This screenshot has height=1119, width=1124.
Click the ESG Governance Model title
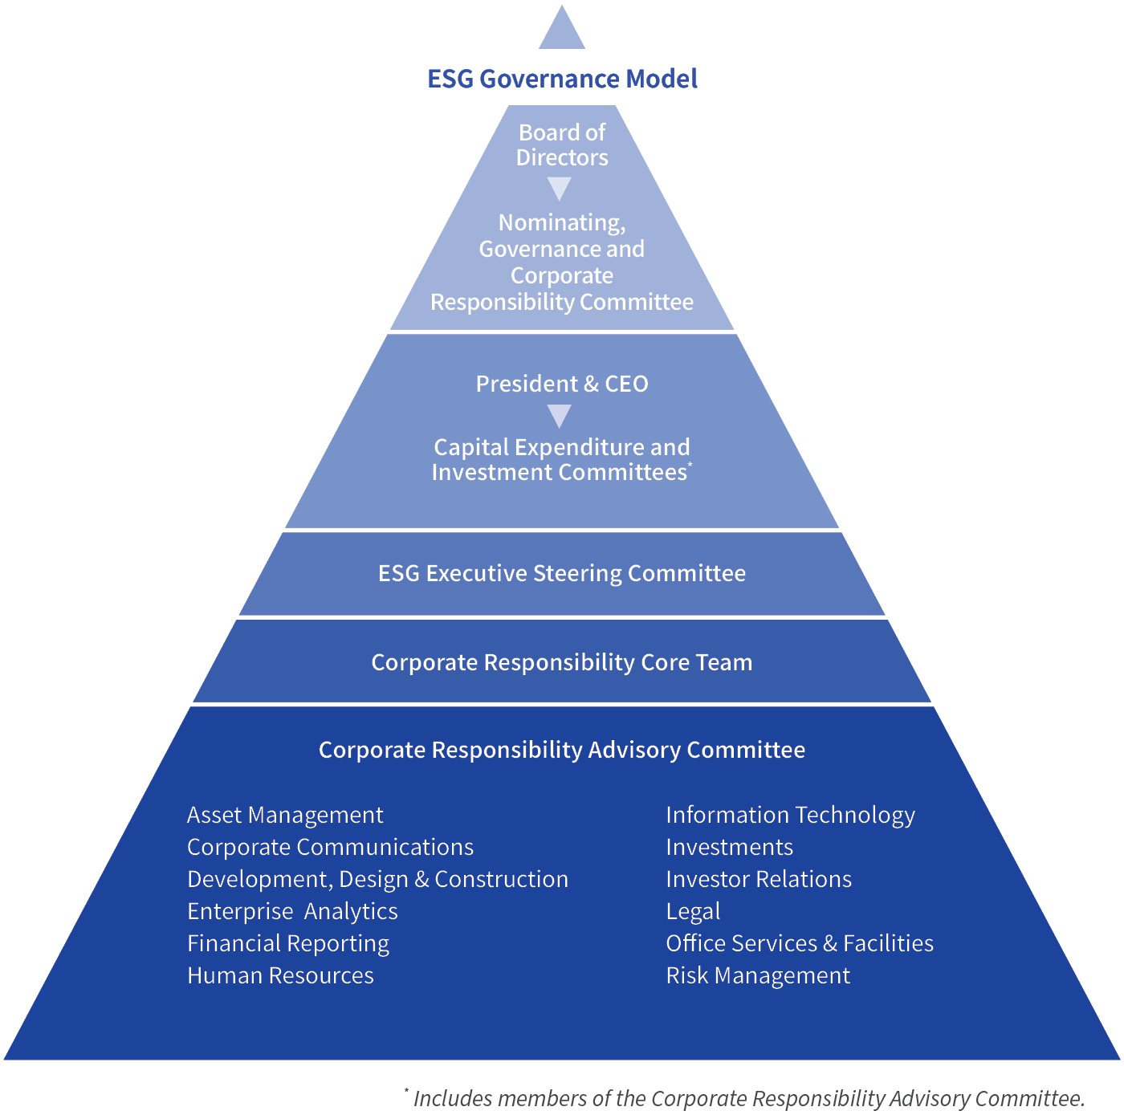(x=562, y=79)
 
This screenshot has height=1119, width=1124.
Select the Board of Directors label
(x=562, y=144)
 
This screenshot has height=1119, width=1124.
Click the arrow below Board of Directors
(x=560, y=188)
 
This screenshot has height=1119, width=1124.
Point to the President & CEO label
(x=562, y=384)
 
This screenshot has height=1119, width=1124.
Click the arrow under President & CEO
(x=560, y=415)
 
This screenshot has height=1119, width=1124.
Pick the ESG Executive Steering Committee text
(x=562, y=573)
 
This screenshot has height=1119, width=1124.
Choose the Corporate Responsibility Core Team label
(x=562, y=662)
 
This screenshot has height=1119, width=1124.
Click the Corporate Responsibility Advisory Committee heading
(x=562, y=750)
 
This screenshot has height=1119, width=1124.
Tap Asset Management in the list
(x=285, y=815)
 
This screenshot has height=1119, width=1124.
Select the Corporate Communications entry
(x=330, y=847)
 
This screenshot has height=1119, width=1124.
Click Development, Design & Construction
(x=377, y=879)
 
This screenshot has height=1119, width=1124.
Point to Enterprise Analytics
(x=292, y=911)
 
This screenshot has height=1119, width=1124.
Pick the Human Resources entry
(x=280, y=975)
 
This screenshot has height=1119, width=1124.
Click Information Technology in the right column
(x=790, y=815)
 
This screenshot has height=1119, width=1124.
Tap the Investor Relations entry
(x=759, y=879)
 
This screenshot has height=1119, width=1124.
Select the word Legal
(x=693, y=912)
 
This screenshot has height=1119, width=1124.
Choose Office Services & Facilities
(x=800, y=943)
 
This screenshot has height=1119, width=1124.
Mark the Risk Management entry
(x=758, y=975)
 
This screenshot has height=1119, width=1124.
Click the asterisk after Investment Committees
(x=690, y=464)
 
